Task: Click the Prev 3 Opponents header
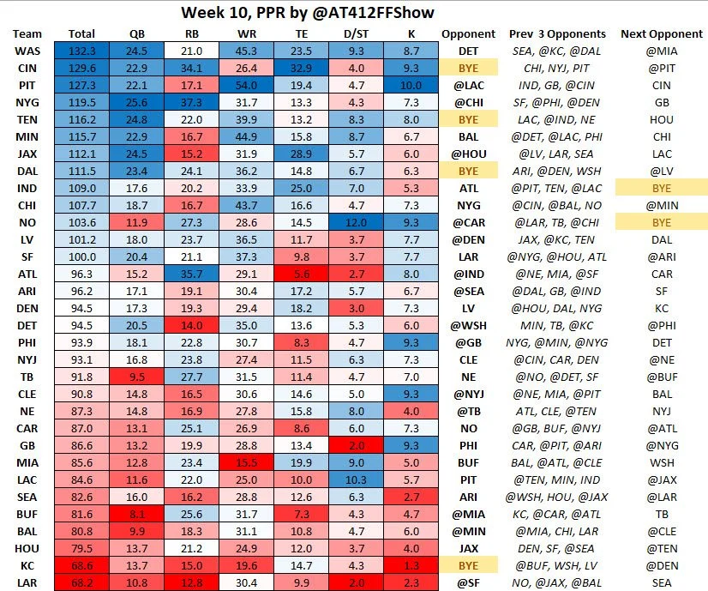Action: (557, 34)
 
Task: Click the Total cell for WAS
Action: (81, 51)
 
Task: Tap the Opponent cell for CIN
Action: (468, 68)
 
